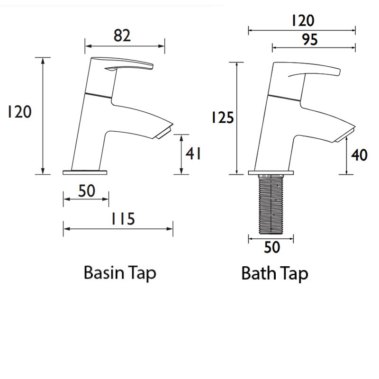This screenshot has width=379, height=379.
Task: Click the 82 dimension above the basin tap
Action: (122, 36)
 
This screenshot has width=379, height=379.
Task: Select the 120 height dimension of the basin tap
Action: (19, 112)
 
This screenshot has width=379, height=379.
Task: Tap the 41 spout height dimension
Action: (193, 153)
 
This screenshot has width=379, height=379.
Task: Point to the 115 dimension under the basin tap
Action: (123, 219)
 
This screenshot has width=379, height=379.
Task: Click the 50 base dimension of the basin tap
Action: (87, 191)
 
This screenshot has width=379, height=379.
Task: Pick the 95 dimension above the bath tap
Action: (310, 39)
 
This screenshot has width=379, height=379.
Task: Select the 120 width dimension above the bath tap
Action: (303, 20)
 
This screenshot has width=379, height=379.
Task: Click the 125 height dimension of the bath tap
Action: (223, 117)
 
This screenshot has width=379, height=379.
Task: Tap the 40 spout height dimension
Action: (359, 155)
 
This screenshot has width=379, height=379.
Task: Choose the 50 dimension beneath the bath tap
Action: (272, 247)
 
